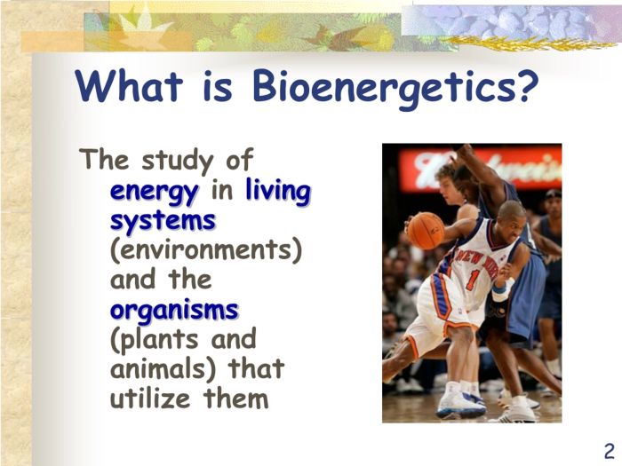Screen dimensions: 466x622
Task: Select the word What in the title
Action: point(133,86)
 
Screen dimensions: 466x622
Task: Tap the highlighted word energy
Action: point(154,191)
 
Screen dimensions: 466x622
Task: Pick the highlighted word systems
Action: point(163,219)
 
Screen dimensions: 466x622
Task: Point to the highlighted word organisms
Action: point(174,310)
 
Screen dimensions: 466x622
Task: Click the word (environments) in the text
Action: point(206,250)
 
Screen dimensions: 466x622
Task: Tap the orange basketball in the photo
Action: point(426,231)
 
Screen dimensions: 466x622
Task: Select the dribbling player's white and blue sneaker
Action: point(461,402)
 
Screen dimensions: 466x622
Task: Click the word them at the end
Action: point(235,399)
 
